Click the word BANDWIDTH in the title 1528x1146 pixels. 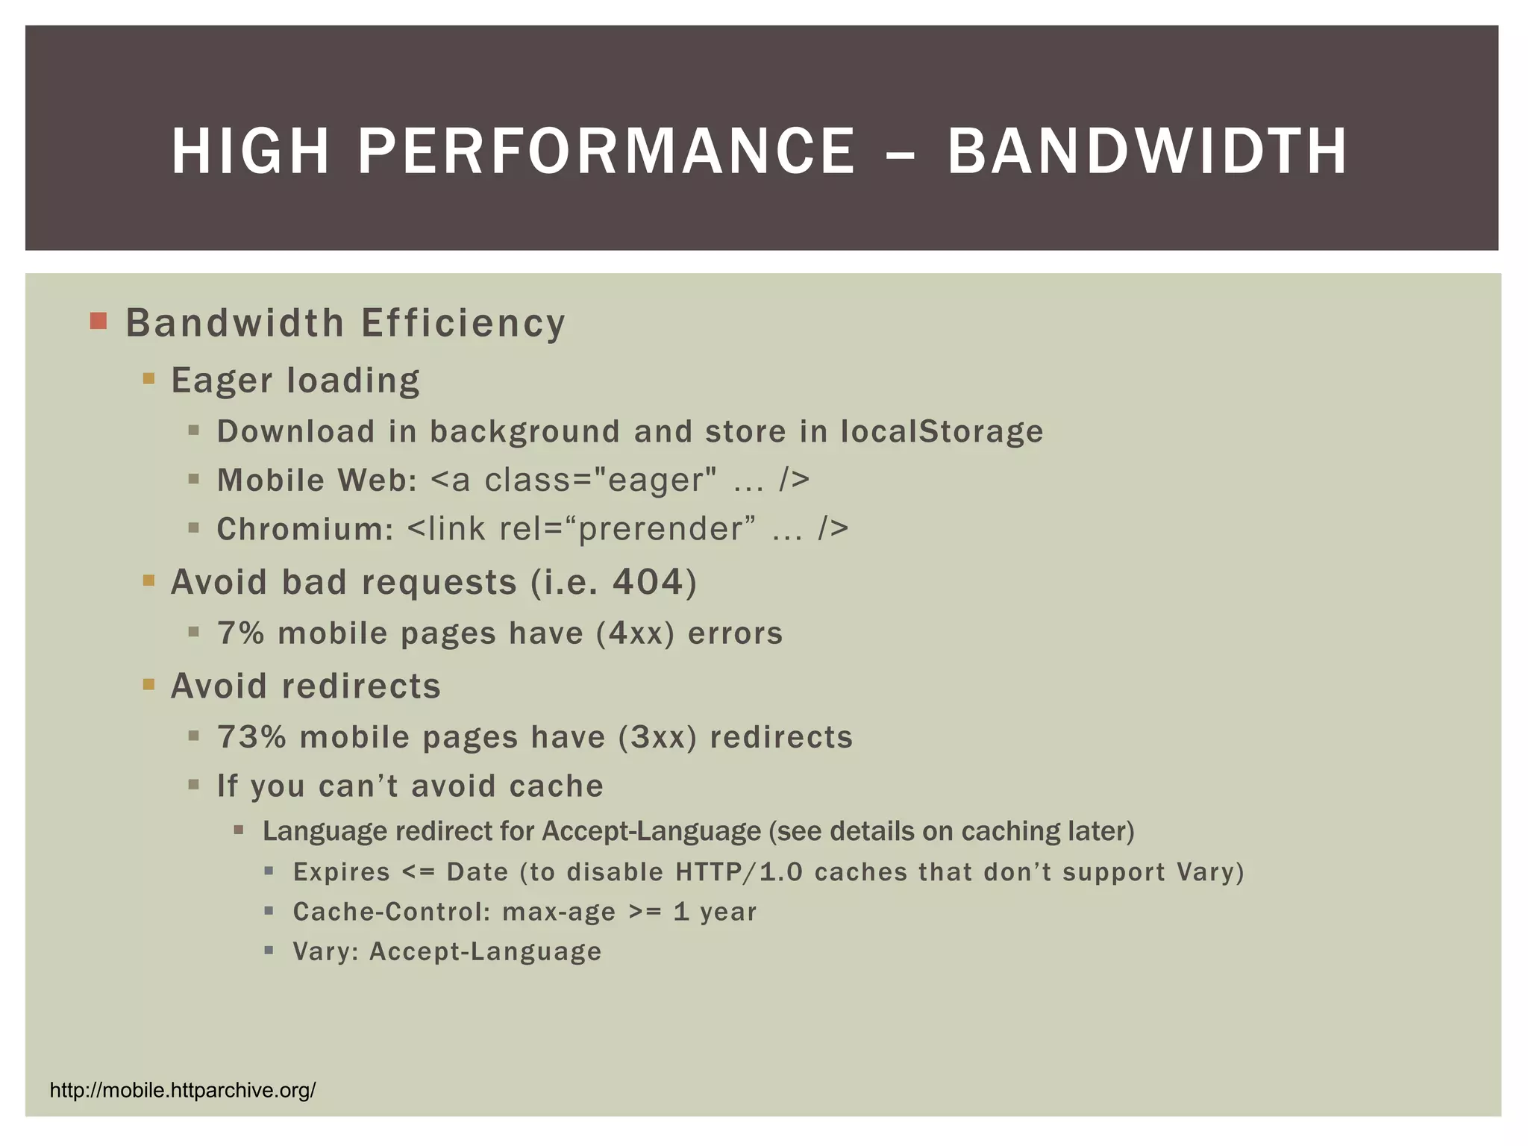click(1147, 151)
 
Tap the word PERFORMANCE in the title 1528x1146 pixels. click(607, 151)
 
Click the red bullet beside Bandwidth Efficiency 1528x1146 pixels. click(98, 322)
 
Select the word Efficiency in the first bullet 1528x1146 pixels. click(463, 323)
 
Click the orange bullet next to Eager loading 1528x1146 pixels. click(148, 378)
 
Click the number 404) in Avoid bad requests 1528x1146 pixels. click(654, 582)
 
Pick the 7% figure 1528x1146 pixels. click(240, 633)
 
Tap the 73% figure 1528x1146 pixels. click(251, 737)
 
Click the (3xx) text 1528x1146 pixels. click(657, 737)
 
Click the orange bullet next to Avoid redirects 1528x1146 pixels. click(148, 684)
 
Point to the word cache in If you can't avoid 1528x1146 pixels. click(556, 786)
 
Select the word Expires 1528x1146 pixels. click(341, 872)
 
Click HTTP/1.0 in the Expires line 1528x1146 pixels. click(739, 872)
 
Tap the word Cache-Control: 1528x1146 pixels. click(391, 912)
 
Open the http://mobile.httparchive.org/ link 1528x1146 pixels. click(183, 1091)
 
